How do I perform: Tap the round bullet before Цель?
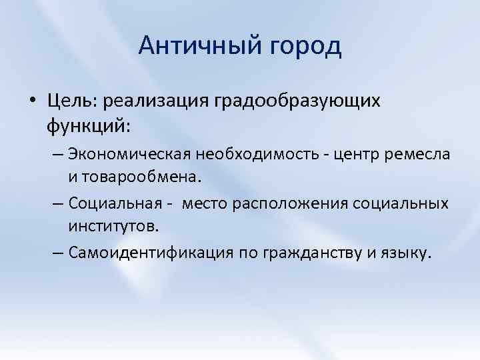pyautogui.click(x=32, y=101)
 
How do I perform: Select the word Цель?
pyautogui.click(x=70, y=101)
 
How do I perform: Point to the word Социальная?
pyautogui.click(x=116, y=203)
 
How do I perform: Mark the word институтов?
pyautogui.click(x=113, y=226)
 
